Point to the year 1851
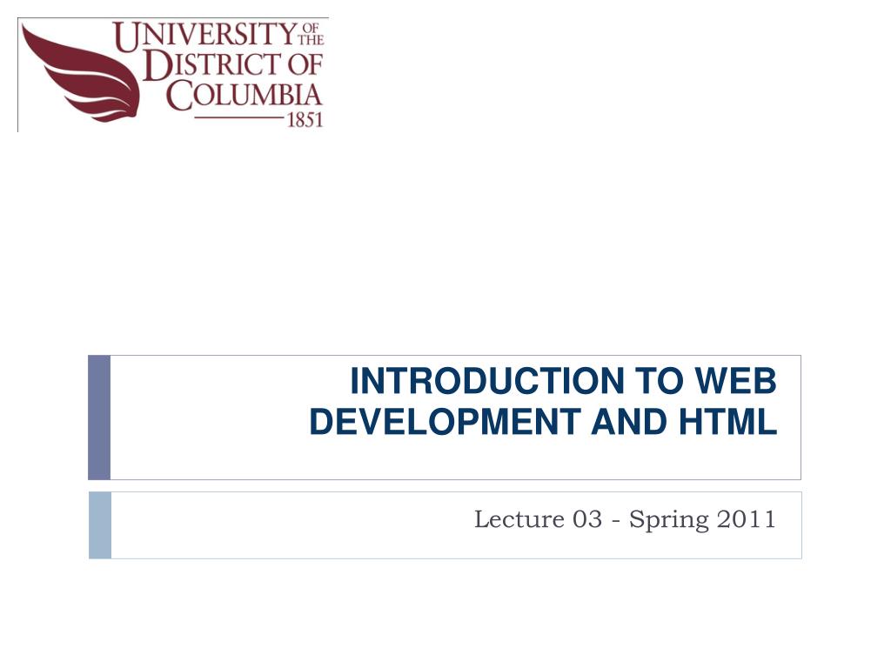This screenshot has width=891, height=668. pyautogui.click(x=305, y=121)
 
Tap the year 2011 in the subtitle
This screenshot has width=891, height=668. pyautogui.click(x=747, y=519)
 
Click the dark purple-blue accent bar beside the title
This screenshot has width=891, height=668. pyautogui.click(x=99, y=417)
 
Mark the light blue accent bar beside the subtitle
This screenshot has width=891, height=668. pyautogui.click(x=100, y=524)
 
